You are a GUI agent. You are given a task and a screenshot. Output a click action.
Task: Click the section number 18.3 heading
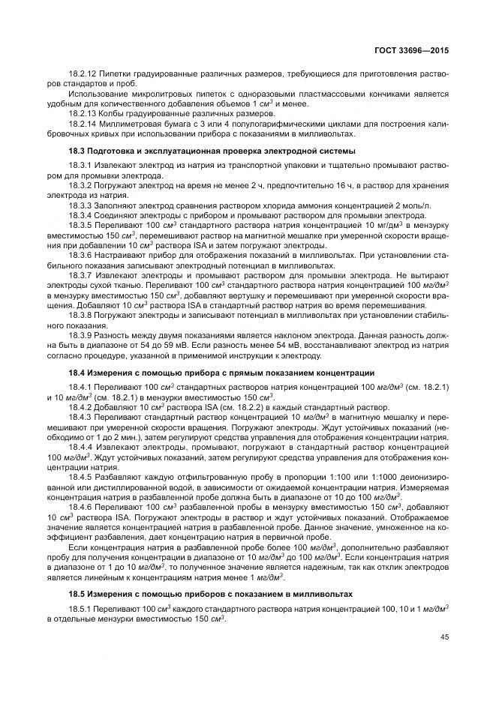pos(76,151)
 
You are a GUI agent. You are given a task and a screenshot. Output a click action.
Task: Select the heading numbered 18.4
pos(76,373)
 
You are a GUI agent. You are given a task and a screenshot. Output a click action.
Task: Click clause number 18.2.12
pos(81,73)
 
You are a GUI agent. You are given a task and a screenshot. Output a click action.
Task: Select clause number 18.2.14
pos(81,124)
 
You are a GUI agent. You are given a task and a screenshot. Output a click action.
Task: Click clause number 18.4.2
pos(79,406)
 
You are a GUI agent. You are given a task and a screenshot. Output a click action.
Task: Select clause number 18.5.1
pos(79,608)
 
